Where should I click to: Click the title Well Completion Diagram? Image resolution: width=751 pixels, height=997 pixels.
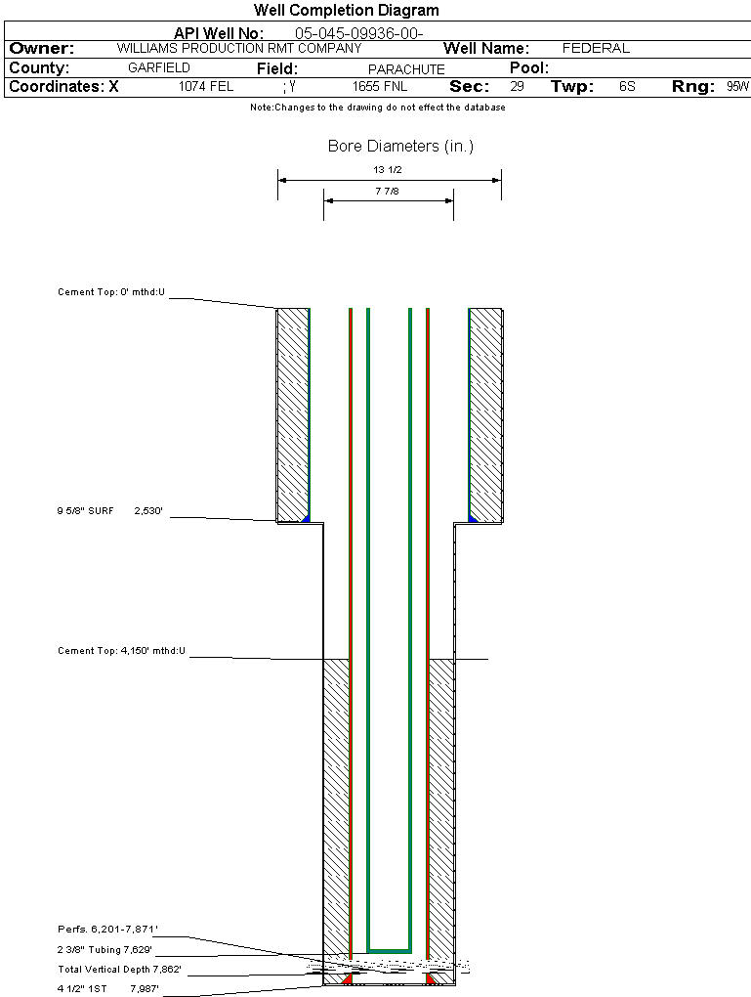point(347,11)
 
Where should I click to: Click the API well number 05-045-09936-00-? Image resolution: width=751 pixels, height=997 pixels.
point(358,33)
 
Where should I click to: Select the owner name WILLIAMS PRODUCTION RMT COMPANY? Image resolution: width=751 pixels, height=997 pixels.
point(238,48)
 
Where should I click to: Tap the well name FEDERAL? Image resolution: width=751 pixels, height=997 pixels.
point(596,48)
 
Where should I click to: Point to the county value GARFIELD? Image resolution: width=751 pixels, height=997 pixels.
point(159,68)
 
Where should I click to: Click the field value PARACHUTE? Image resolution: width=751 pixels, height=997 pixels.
point(406,69)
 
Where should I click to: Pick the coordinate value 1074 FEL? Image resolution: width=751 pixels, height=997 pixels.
point(206,87)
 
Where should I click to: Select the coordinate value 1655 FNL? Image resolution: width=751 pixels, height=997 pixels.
point(381,87)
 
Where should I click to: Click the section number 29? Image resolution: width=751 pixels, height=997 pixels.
point(517,87)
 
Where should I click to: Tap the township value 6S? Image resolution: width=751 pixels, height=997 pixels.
point(627,87)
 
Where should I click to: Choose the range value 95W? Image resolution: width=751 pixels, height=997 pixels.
point(737,87)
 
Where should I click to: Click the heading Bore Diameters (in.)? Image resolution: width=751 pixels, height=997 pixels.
point(400,147)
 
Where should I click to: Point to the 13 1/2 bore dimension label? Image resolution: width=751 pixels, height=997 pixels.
point(388,170)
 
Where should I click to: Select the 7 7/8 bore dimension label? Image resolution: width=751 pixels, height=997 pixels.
point(388,192)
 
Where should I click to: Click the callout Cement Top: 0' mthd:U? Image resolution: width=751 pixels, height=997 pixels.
point(111,292)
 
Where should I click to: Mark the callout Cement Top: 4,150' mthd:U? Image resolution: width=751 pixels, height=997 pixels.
point(121,650)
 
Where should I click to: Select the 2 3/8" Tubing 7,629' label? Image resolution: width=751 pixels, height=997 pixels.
point(104,949)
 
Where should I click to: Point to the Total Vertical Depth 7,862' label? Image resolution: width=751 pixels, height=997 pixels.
point(120,970)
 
